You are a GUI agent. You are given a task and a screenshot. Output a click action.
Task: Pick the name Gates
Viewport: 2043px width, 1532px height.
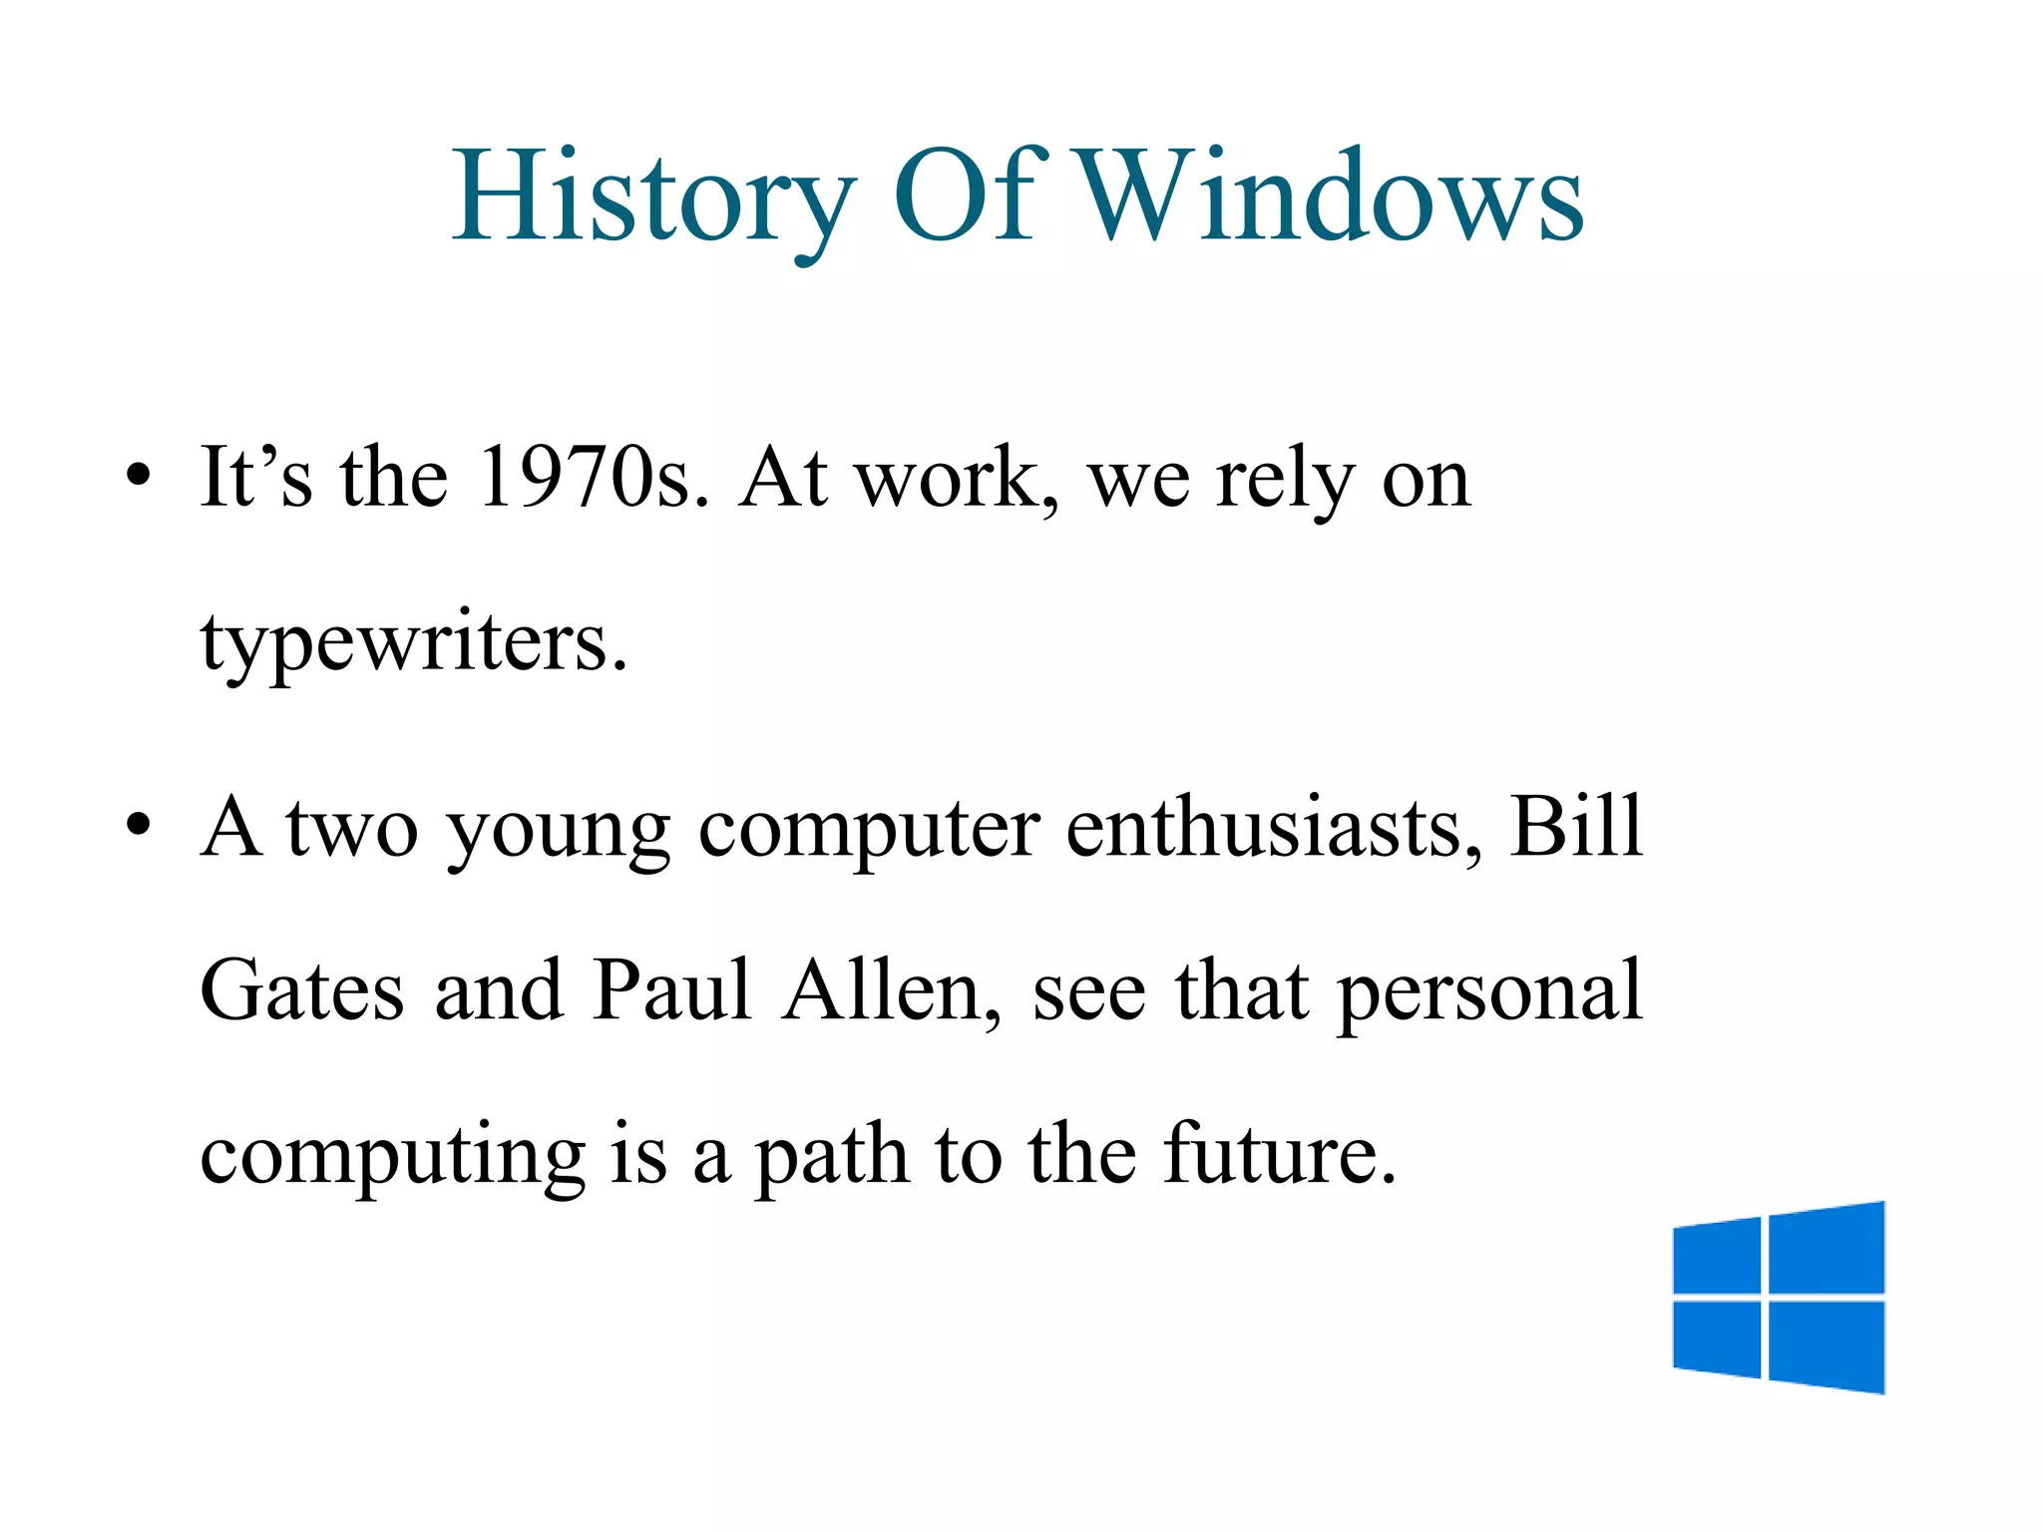(302, 989)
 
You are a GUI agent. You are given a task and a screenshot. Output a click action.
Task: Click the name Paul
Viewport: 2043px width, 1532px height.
(670, 989)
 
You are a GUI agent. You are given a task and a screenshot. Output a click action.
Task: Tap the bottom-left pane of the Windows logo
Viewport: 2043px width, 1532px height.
(1716, 1339)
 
